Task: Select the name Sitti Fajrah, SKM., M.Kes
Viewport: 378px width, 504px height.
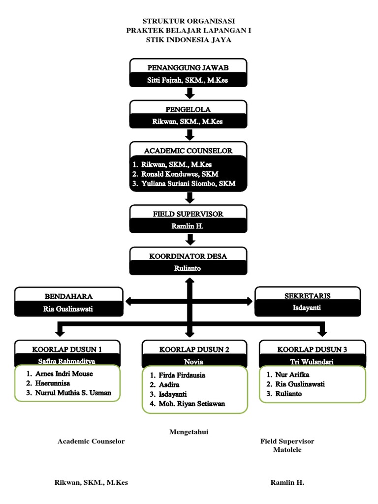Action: pos(189,80)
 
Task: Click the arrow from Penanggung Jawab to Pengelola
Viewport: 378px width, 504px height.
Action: pos(189,94)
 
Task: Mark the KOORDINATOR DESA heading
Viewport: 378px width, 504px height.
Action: pos(189,255)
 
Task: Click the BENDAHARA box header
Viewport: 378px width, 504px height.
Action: pos(69,296)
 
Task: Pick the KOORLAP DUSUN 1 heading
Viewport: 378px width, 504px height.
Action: pos(67,349)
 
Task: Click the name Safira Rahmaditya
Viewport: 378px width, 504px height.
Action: pos(67,360)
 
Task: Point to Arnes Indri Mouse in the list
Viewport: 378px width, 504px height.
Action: pos(64,374)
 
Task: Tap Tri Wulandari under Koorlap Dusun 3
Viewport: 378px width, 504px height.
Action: pos(312,361)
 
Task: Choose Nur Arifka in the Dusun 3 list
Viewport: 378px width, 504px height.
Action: pos(295,375)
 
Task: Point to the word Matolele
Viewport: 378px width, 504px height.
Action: pos(287,449)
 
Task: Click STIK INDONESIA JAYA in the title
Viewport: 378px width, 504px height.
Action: pos(189,40)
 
